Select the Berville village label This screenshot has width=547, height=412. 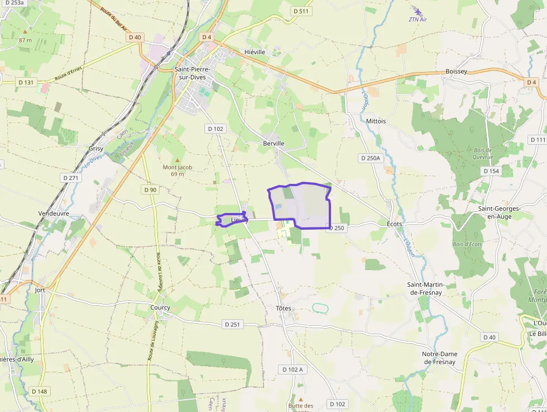(273, 144)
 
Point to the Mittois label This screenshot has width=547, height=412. (376, 121)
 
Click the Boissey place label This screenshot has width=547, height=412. (456, 72)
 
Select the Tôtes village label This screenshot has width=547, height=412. (284, 309)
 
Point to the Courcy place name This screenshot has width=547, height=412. (160, 307)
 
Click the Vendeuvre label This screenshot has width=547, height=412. (54, 214)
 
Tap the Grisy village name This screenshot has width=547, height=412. (96, 149)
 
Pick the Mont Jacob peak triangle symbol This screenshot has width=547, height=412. (178, 160)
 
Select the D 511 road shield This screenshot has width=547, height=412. (301, 11)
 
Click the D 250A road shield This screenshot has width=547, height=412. (370, 159)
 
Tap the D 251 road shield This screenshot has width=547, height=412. (233, 324)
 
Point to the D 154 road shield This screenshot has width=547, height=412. (491, 171)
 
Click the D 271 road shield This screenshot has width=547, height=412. (71, 178)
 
